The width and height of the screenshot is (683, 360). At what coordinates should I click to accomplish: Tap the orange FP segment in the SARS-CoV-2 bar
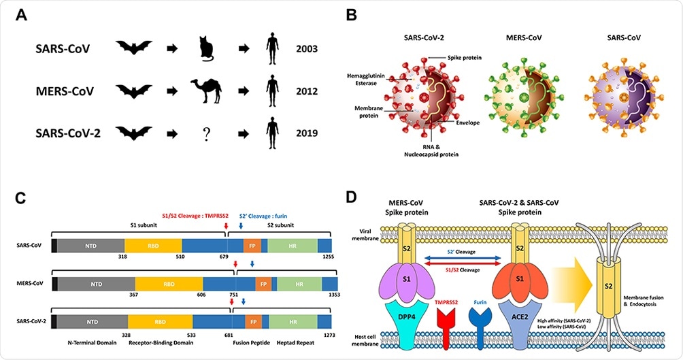click(x=253, y=319)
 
